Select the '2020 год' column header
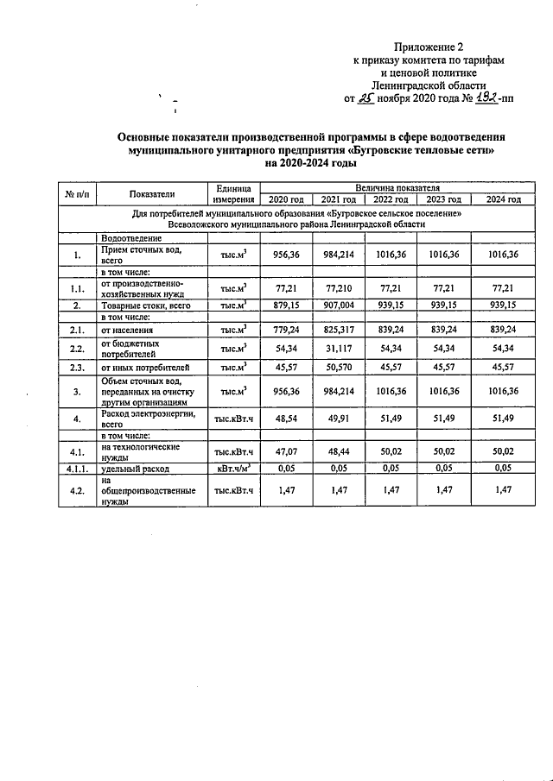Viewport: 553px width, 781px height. tap(285, 200)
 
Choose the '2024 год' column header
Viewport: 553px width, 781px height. tap(503, 200)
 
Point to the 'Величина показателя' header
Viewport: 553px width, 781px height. tap(397, 187)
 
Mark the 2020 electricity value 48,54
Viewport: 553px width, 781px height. tap(285, 419)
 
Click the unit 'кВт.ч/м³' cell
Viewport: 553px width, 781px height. tap(232, 468)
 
